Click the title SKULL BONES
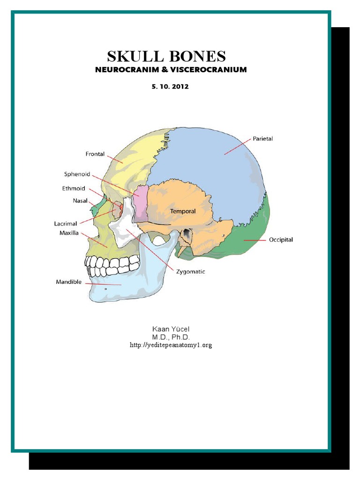pyautogui.click(x=166, y=57)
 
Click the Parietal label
pyautogui.click(x=262, y=139)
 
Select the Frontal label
pyautogui.click(x=95, y=154)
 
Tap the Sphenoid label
pyautogui.click(x=77, y=174)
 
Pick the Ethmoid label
pyautogui.click(x=74, y=189)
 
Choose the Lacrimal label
pyautogui.click(x=65, y=224)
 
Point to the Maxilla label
pyautogui.click(x=69, y=233)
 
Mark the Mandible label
pyautogui.click(x=69, y=282)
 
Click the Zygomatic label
pyautogui.click(x=190, y=271)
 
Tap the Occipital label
pyautogui.click(x=281, y=240)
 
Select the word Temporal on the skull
pyautogui.click(x=183, y=211)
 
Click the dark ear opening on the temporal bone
pyautogui.click(x=187, y=233)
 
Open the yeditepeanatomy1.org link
pyautogui.click(x=171, y=345)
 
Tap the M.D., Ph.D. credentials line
pyautogui.click(x=170, y=337)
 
